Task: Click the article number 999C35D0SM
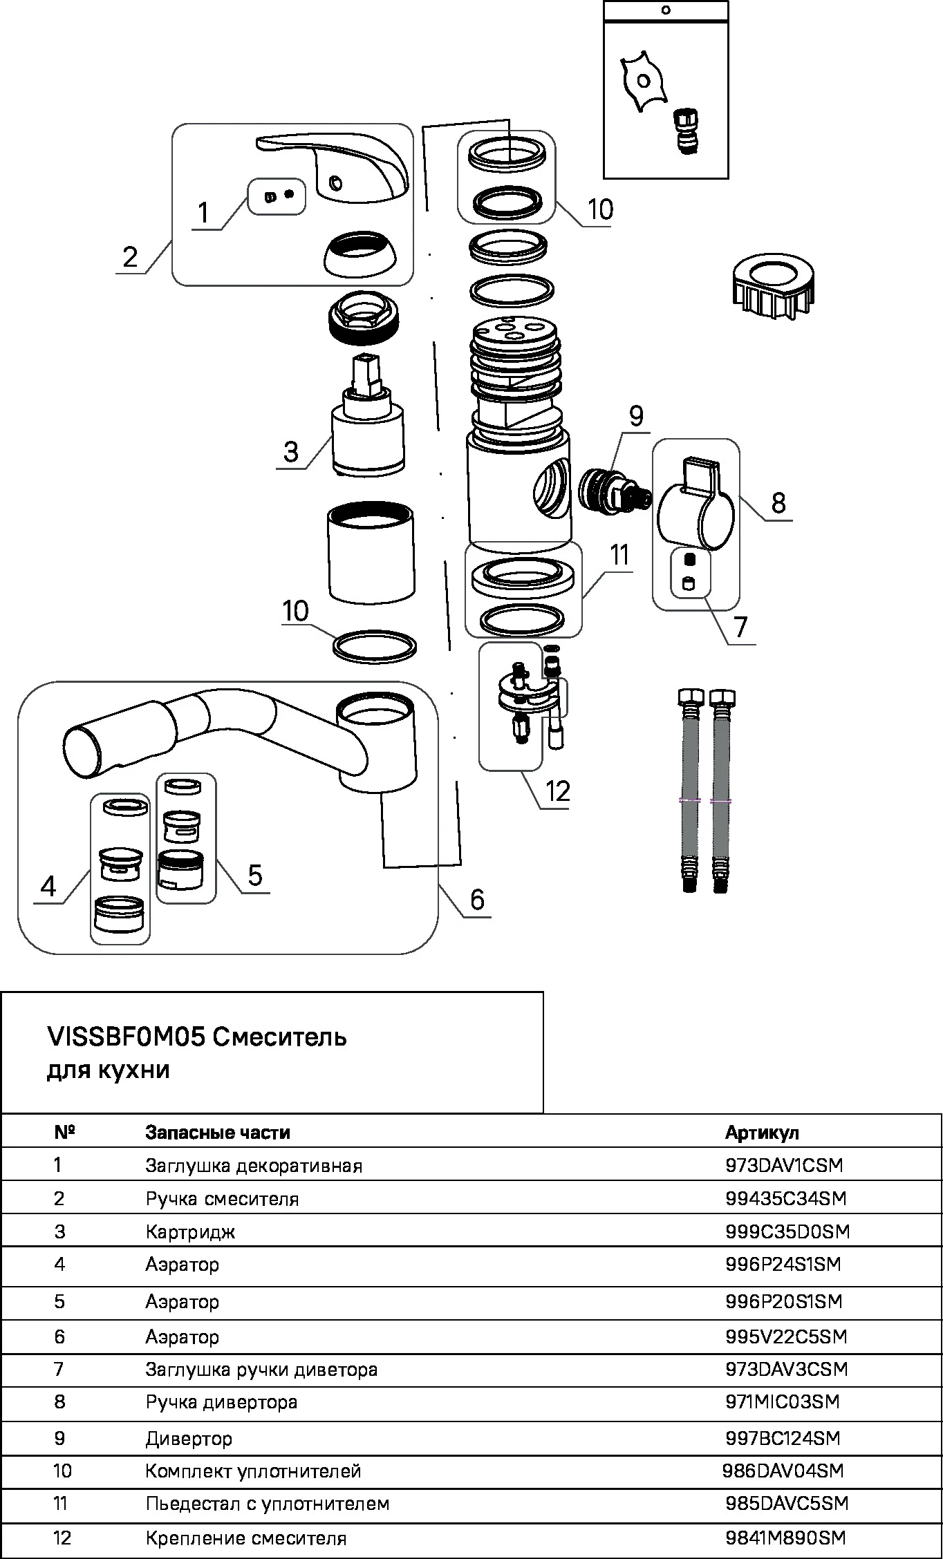(787, 1231)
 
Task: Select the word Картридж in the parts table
(190, 1231)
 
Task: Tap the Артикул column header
(761, 1133)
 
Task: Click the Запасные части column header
(217, 1133)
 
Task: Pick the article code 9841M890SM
(785, 1538)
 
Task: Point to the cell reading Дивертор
(189, 1438)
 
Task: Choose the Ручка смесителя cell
(222, 1198)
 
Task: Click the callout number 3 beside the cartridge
(290, 452)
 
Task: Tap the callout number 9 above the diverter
(635, 416)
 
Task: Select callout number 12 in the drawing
(557, 791)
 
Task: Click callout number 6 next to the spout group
(477, 899)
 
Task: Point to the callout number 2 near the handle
(130, 257)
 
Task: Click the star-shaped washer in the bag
(644, 82)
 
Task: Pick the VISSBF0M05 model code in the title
(126, 1037)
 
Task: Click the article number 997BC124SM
(783, 1438)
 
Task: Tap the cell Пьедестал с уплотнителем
(267, 1504)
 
